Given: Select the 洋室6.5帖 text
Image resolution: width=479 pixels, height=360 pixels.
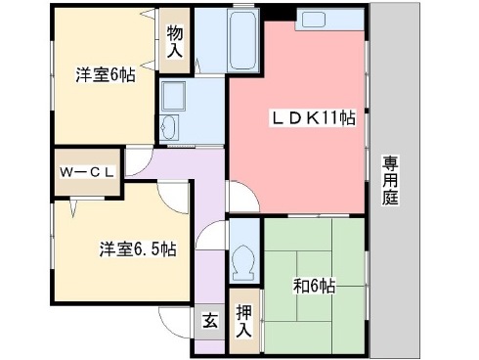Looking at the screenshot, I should (x=137, y=248).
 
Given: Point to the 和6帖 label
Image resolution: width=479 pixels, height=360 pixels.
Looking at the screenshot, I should (x=315, y=286).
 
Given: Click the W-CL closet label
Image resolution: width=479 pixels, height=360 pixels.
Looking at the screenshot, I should (x=89, y=173).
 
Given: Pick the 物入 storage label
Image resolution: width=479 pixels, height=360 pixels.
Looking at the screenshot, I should (x=175, y=42).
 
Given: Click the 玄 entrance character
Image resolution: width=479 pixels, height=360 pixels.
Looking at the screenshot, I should (x=210, y=319).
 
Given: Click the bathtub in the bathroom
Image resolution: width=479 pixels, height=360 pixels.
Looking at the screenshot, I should (x=241, y=44).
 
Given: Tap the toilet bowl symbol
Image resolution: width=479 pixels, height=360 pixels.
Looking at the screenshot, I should (x=244, y=259).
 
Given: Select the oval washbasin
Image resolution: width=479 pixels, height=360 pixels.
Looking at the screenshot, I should (x=169, y=128).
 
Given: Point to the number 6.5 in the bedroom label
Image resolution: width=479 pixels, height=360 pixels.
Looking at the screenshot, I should (x=148, y=248).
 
